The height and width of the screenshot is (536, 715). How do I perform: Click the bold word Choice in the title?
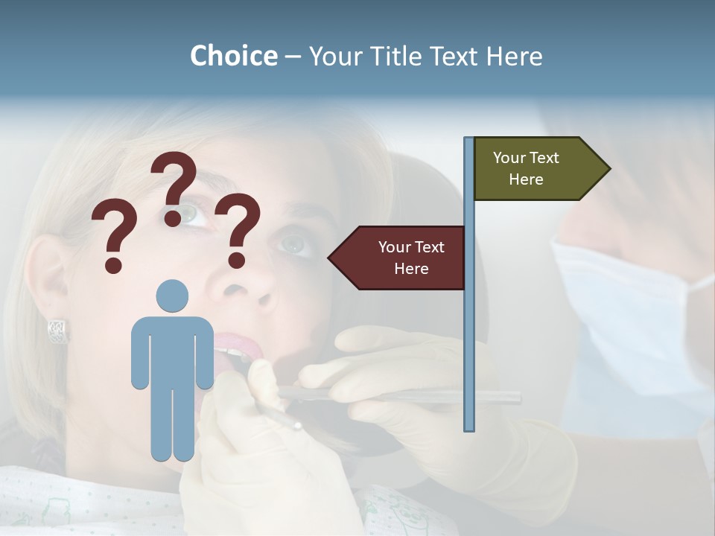233,56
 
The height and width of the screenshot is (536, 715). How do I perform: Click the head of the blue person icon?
172,296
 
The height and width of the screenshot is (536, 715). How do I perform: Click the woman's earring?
57,330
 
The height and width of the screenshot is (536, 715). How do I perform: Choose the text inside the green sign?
526,168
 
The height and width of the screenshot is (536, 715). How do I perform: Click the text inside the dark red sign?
410,258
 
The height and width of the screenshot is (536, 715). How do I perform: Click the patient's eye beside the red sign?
295,244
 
